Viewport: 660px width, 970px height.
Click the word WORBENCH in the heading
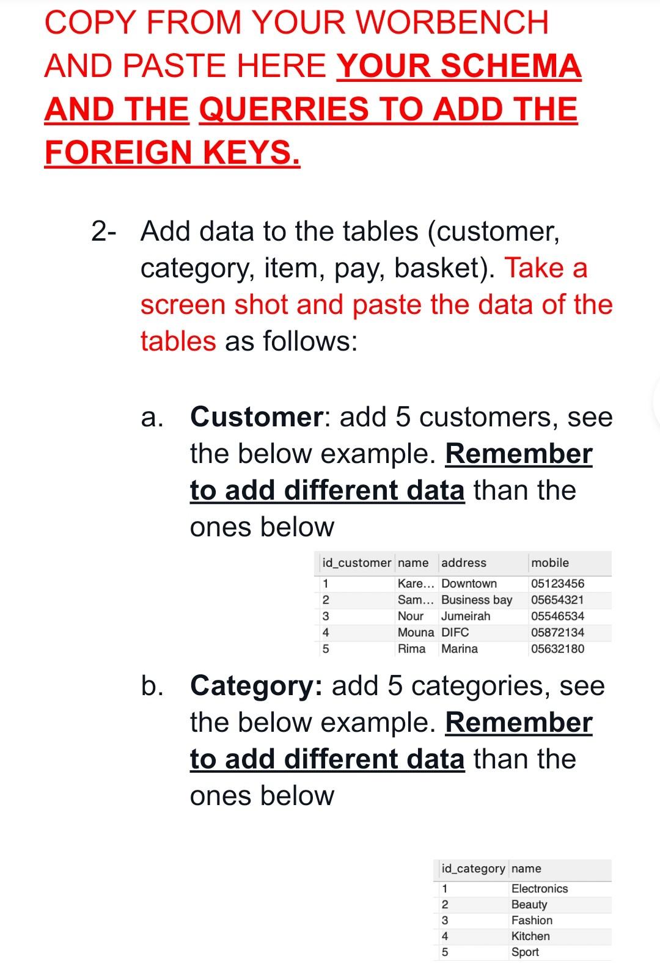point(452,23)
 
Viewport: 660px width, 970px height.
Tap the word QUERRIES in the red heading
point(284,109)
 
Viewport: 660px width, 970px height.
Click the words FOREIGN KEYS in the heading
point(172,152)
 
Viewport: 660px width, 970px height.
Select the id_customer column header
point(356,563)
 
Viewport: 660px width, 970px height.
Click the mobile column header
point(550,563)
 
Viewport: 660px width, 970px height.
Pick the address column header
point(464,563)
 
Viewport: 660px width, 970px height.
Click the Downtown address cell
point(469,583)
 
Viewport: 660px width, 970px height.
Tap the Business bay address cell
point(477,600)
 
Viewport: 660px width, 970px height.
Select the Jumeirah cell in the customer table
point(466,616)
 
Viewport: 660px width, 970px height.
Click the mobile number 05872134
point(557,632)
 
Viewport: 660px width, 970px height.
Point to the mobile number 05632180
point(557,649)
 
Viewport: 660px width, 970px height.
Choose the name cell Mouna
point(416,632)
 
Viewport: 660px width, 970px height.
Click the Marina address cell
point(460,649)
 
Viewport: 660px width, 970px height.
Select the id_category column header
point(473,869)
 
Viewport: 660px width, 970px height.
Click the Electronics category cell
point(540,889)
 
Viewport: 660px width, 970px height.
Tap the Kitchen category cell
point(530,936)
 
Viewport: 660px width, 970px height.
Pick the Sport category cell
point(525,952)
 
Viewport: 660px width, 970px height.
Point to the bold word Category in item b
point(257,686)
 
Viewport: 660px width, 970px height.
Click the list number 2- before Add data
point(105,232)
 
